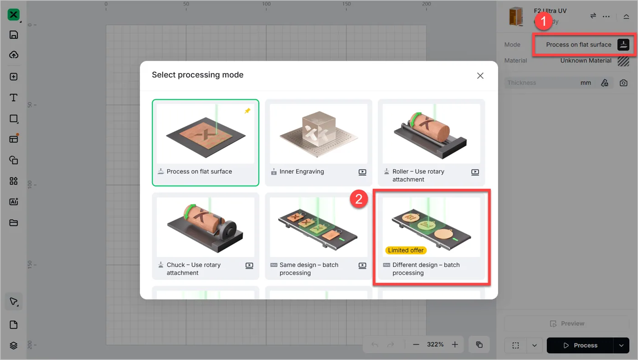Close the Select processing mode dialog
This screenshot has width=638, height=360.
(x=480, y=76)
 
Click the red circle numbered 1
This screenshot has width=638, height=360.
(x=543, y=21)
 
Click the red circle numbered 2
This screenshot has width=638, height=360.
(x=359, y=199)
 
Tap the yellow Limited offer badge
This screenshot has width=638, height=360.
(x=406, y=250)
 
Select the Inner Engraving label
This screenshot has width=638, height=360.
(x=302, y=171)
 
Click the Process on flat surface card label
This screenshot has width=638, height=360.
(x=199, y=171)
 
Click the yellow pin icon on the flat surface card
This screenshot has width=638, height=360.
(x=247, y=111)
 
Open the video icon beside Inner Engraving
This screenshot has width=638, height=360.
(x=362, y=172)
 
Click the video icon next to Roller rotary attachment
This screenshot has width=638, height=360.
(x=475, y=172)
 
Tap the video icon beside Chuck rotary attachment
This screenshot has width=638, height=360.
(x=249, y=265)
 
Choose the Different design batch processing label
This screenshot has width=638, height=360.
(x=426, y=268)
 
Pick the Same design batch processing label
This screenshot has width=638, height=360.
(x=309, y=268)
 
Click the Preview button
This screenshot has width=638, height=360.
(x=567, y=324)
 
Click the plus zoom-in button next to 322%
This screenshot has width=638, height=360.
(x=455, y=345)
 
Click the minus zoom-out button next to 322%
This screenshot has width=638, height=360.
(x=416, y=345)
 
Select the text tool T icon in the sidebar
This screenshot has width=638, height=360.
(x=13, y=98)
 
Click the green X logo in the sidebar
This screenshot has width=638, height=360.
(x=13, y=15)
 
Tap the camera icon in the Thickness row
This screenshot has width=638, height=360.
(x=623, y=83)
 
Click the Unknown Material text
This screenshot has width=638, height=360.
(x=586, y=61)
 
